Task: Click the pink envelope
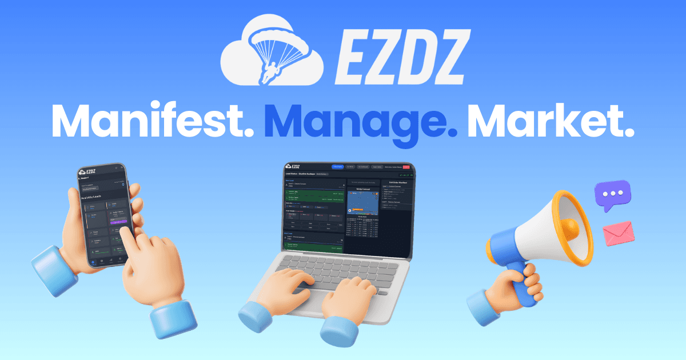(617, 233)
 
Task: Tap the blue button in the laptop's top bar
(337, 167)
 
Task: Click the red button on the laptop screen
(406, 167)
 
